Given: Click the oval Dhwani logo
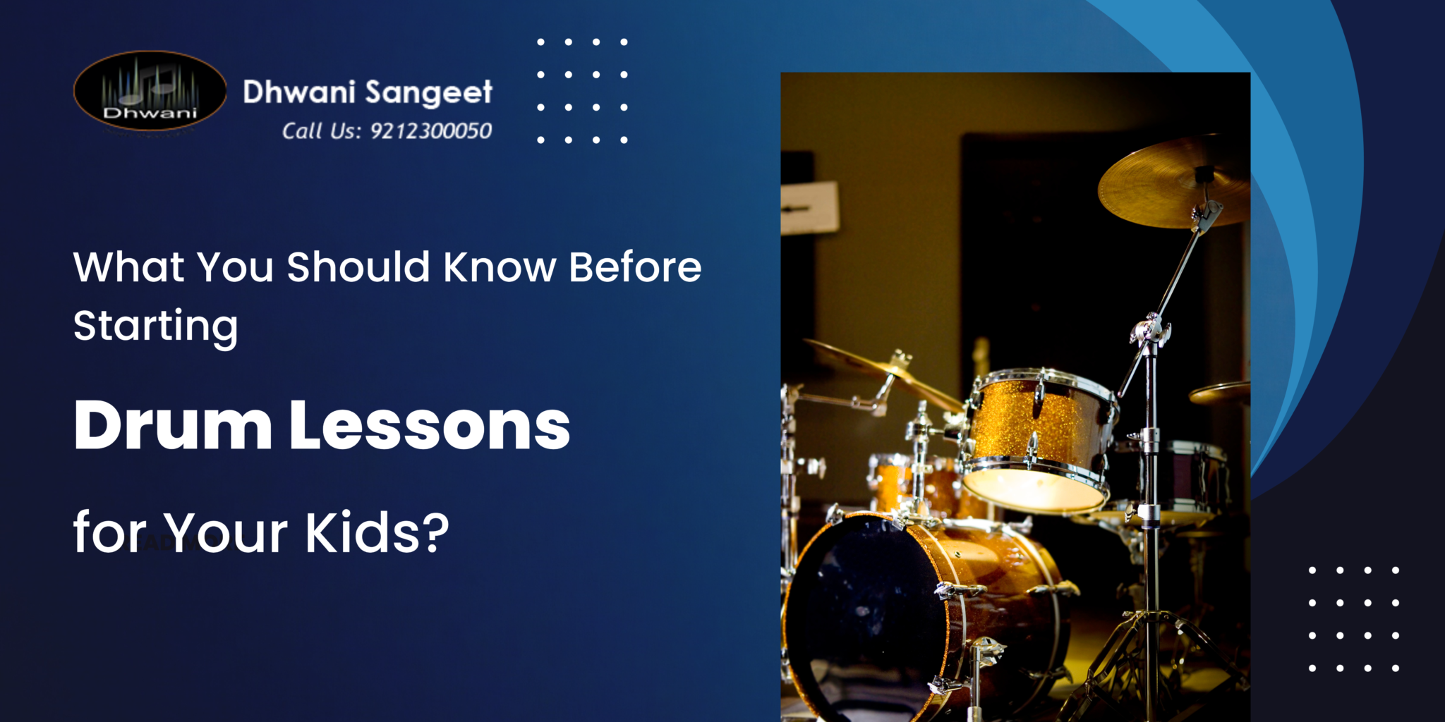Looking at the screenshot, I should coord(150,91).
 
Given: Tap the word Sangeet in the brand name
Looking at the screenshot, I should coord(429,93).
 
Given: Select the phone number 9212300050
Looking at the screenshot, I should coord(431,131).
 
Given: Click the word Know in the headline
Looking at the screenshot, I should coord(500,267).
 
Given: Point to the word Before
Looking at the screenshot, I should coord(635,267).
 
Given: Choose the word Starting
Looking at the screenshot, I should coord(155,326).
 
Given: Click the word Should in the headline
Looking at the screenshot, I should coord(358,267).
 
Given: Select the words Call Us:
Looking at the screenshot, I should coord(322,131).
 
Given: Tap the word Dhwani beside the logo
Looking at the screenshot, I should coord(298,92).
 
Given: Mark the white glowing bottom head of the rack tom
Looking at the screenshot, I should coord(1032,489).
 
